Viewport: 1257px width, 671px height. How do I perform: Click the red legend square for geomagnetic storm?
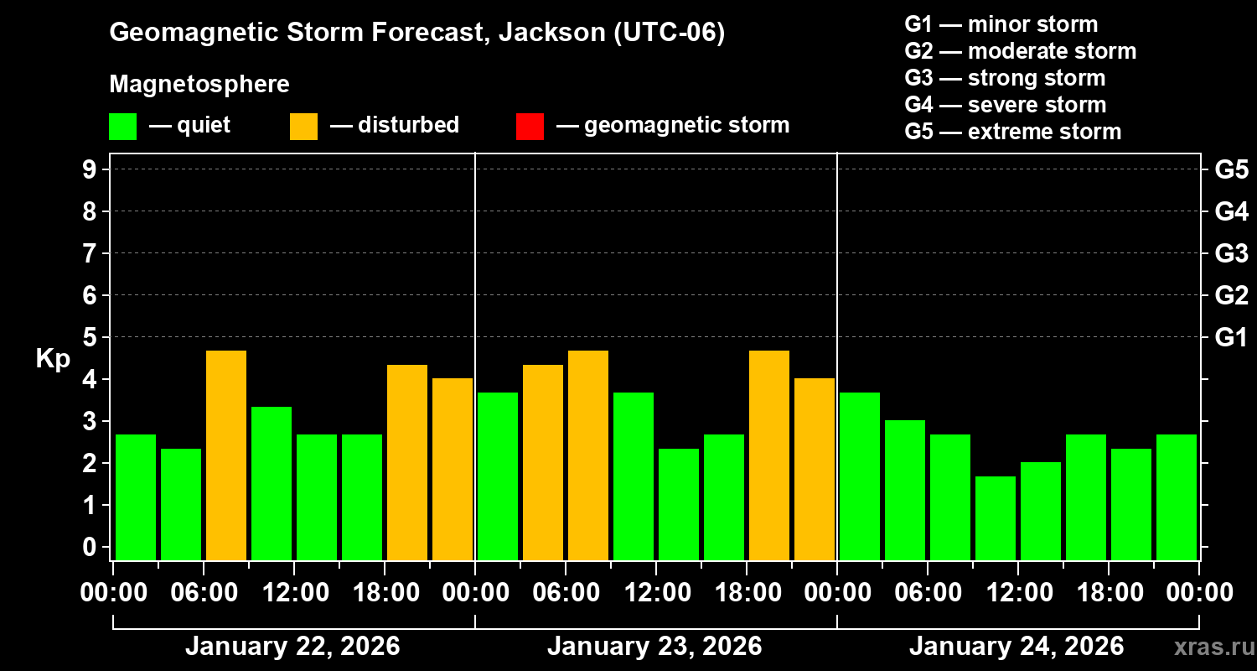pyautogui.click(x=530, y=126)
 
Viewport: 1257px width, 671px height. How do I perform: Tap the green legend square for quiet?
pyautogui.click(x=122, y=126)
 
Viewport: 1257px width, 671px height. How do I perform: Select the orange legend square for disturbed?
pyautogui.click(x=303, y=126)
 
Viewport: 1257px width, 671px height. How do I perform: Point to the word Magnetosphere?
pyautogui.click(x=199, y=85)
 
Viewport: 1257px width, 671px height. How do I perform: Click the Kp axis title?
pyautogui.click(x=53, y=358)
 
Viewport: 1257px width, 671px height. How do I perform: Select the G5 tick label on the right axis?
pyautogui.click(x=1231, y=169)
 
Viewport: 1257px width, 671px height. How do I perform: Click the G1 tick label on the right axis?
pyautogui.click(x=1231, y=337)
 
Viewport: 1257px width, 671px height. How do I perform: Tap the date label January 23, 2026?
pyautogui.click(x=654, y=647)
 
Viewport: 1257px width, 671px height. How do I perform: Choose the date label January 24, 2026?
pyautogui.click(x=1016, y=647)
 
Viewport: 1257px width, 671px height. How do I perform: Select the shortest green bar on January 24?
pyautogui.click(x=996, y=518)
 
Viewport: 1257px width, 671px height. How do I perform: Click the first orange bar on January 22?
pyautogui.click(x=226, y=455)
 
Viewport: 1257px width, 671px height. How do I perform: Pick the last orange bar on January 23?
pyautogui.click(x=815, y=469)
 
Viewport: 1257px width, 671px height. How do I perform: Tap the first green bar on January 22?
pyautogui.click(x=136, y=497)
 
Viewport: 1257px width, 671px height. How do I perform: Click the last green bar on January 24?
pyautogui.click(x=1177, y=497)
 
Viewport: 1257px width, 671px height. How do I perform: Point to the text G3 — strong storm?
pyautogui.click(x=1005, y=78)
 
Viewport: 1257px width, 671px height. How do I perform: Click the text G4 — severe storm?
pyautogui.click(x=1005, y=105)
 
